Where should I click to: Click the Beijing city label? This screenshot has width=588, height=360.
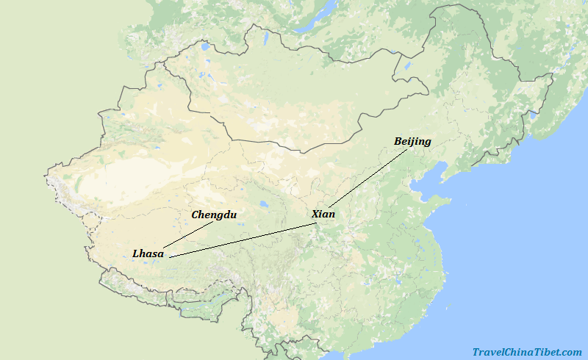pos(412,141)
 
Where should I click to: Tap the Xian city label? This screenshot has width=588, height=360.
pos(323,214)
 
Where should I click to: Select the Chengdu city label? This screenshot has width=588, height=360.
pos(214,215)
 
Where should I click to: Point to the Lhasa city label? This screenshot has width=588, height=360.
pos(148,253)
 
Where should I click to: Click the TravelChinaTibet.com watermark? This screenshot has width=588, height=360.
pos(526,352)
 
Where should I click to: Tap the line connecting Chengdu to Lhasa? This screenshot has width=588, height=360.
pos(187,234)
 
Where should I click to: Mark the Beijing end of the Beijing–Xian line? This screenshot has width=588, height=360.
pos(409,148)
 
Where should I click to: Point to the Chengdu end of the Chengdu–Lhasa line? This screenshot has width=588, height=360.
pos(212,222)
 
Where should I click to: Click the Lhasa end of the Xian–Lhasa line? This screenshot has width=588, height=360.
pos(170,257)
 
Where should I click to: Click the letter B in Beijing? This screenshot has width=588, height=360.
pos(398,141)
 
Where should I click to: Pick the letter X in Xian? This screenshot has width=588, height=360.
pos(315,214)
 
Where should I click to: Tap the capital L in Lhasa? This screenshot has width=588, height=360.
pos(136,253)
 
